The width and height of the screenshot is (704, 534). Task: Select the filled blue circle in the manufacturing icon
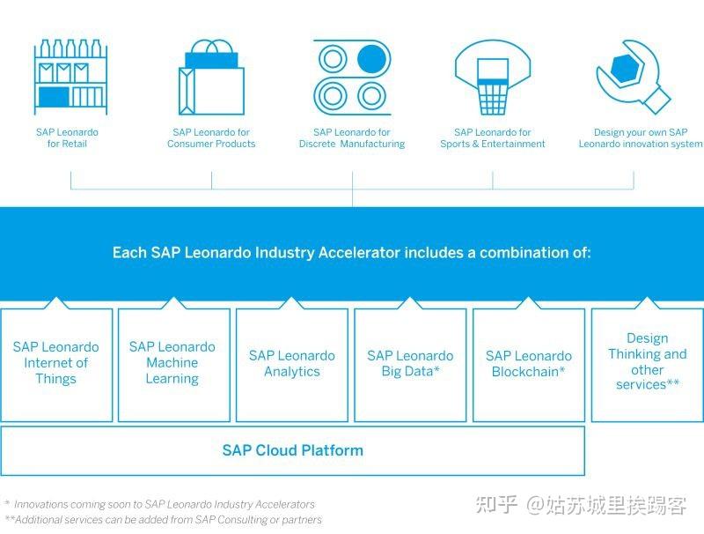[371, 59]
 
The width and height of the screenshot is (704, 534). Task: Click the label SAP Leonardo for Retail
[67, 138]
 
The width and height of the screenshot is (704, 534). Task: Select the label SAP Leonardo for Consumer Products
[211, 138]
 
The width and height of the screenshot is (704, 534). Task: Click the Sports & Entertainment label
[493, 138]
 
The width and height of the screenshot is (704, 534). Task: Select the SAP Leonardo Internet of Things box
[56, 363]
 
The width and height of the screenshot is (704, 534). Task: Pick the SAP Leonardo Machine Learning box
[172, 363]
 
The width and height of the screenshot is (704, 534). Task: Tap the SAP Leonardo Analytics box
[291, 363]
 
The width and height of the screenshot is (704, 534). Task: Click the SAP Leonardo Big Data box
[410, 363]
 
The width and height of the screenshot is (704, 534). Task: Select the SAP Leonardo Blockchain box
[528, 363]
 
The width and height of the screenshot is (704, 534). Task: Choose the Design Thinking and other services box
[647, 361]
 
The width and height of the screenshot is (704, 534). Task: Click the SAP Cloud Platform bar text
[292, 450]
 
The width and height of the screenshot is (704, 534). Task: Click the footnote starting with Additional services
[164, 520]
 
